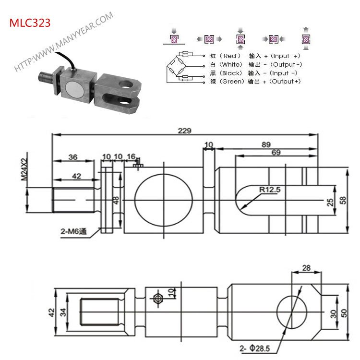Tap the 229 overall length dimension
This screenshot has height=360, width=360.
click(x=184, y=131)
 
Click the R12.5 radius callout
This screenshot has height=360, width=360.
click(x=269, y=190)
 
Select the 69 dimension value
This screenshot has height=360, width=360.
click(x=276, y=153)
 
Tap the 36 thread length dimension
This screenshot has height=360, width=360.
click(x=73, y=156)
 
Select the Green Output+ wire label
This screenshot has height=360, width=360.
click(x=255, y=82)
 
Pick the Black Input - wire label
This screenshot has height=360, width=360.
click(x=255, y=73)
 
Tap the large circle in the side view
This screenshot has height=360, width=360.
click(x=163, y=200)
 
